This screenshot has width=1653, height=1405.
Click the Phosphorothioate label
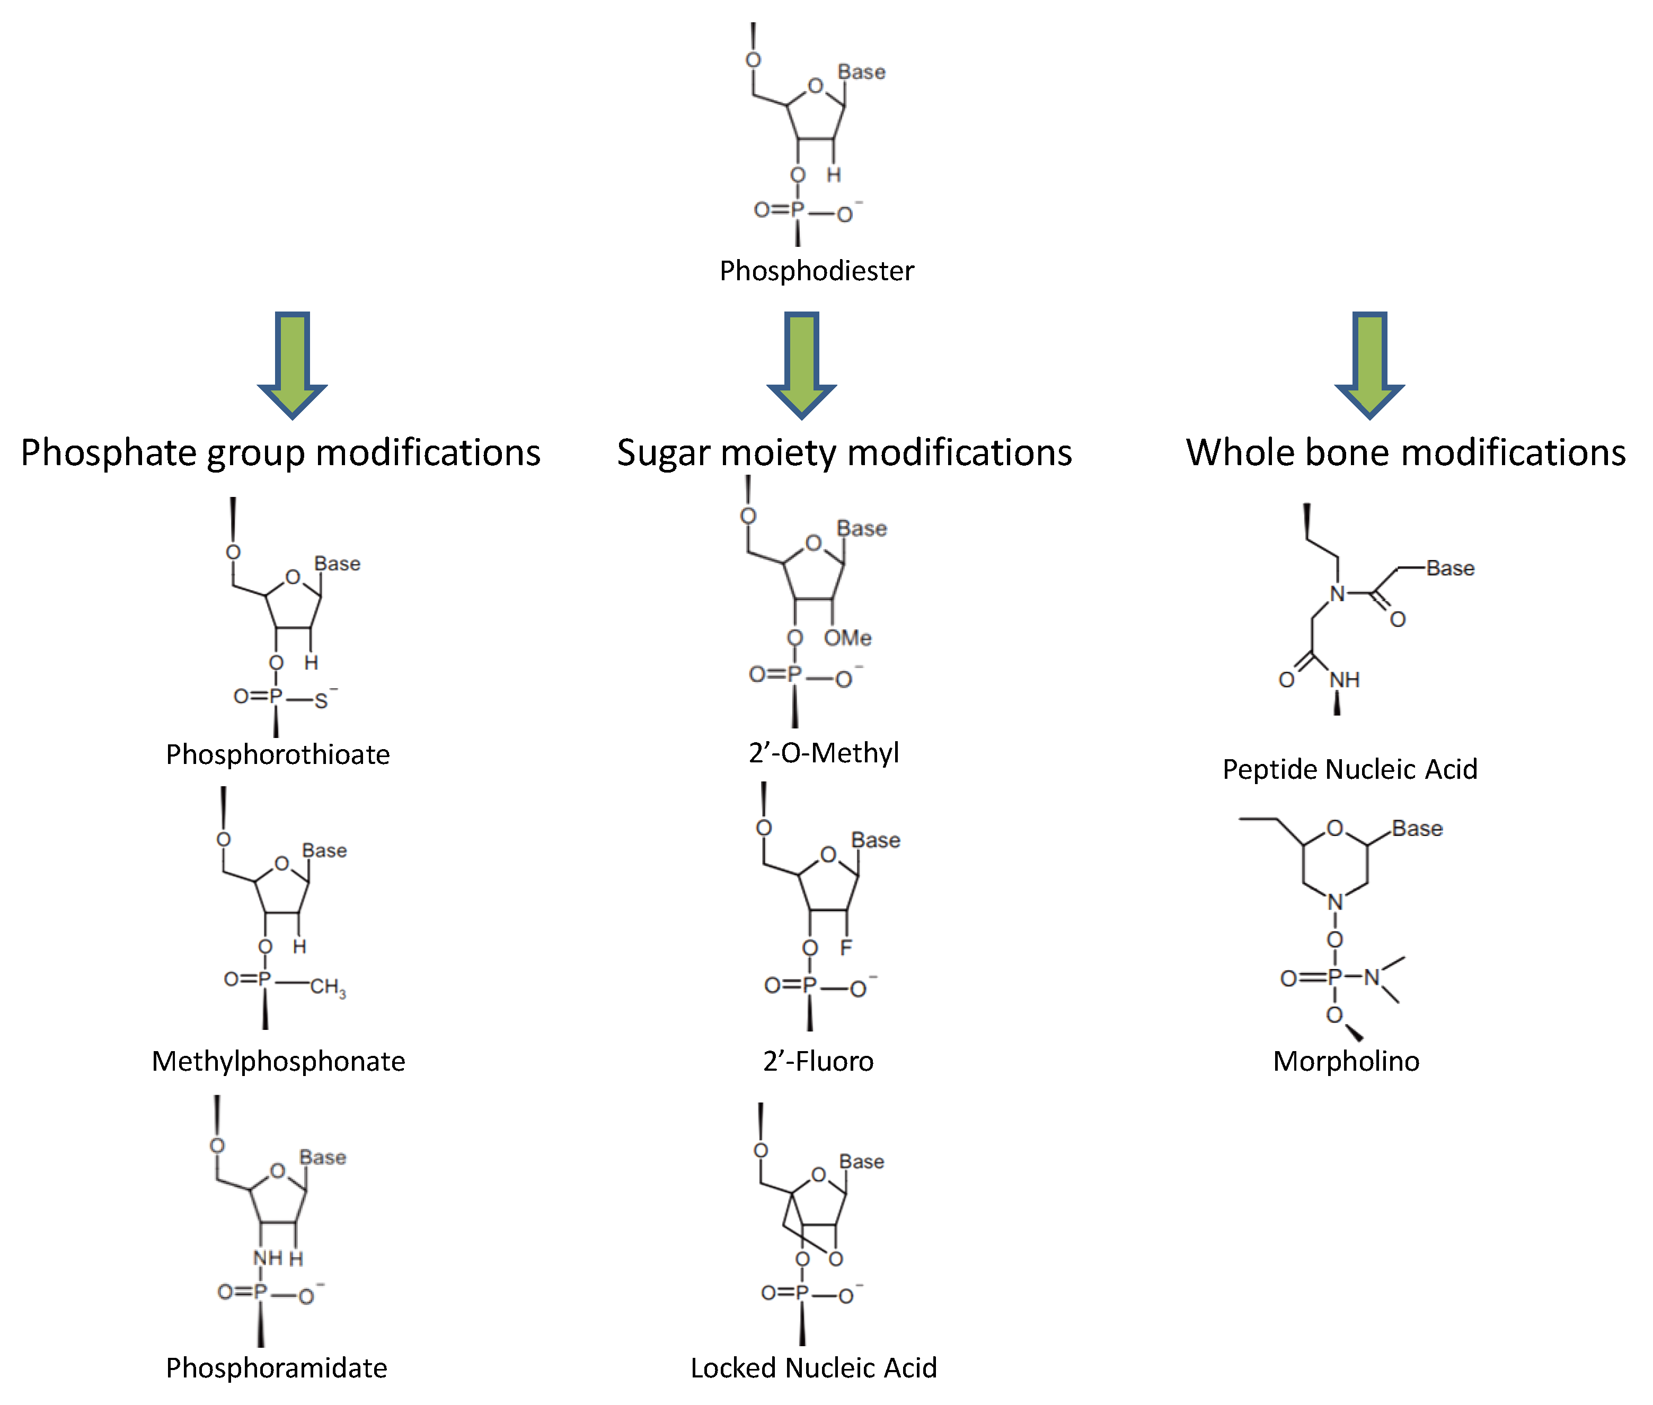(277, 754)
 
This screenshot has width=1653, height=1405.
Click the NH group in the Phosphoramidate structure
(268, 1258)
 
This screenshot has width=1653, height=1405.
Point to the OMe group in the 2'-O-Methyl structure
(847, 638)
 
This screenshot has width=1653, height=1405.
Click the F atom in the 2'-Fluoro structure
(845, 947)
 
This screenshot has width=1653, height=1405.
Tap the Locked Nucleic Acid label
(814, 1367)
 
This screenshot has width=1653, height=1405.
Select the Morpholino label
(1346, 1061)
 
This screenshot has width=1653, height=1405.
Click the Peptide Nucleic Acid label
(1349, 769)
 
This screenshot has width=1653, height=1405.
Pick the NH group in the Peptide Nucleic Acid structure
(1344, 679)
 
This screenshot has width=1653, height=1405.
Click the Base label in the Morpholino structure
(1417, 829)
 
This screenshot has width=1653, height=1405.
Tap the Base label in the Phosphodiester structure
(861, 73)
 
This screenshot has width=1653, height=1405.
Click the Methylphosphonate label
(278, 1061)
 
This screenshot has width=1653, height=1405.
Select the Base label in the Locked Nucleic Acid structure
(861, 1161)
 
